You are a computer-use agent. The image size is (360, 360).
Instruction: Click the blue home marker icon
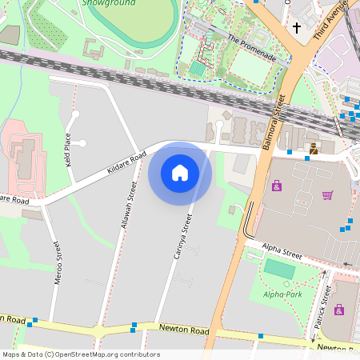180,173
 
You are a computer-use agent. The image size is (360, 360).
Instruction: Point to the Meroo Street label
57,264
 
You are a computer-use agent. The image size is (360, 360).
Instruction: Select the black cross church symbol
297,28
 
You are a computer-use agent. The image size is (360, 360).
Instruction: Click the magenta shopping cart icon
327,194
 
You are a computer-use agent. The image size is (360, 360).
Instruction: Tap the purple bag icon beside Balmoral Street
277,186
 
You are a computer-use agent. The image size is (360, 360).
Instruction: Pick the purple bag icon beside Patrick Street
339,309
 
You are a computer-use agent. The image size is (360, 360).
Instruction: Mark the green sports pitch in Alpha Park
279,269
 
